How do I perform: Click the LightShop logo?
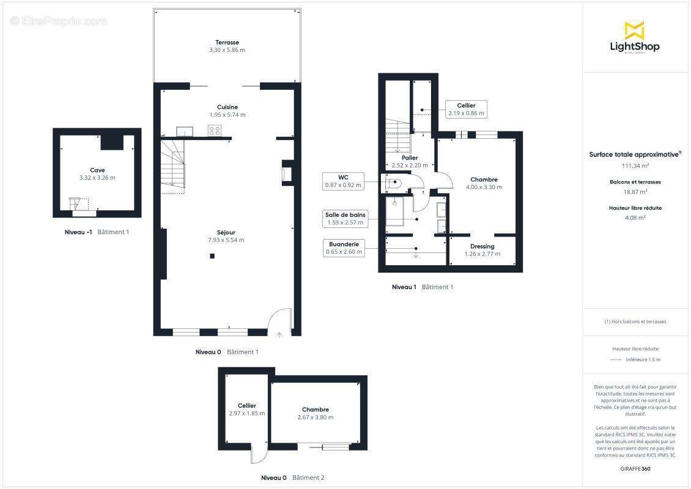coord(635,37)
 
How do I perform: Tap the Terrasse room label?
coord(227,43)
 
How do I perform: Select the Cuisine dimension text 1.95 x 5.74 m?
coord(227,114)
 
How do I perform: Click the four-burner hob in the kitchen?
coord(215,131)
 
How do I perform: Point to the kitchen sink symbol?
coord(184,131)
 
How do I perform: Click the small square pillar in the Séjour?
coord(212,256)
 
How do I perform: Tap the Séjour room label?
coord(226,232)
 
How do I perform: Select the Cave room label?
coord(97,170)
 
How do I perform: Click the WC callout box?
coord(343,181)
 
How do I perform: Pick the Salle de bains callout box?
coord(345,218)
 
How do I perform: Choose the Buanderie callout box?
coord(344,248)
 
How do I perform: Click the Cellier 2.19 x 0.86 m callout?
coord(466,109)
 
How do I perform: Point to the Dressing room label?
coord(482,246)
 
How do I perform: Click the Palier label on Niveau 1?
coord(410,158)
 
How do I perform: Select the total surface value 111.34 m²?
coord(635,166)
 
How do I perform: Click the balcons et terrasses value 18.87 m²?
coord(635,192)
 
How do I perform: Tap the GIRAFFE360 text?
coord(635,469)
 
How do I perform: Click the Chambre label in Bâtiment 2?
coord(316,410)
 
